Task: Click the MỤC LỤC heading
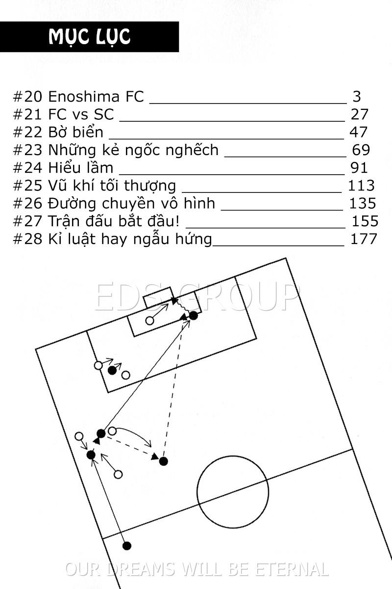point(90,37)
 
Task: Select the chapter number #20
point(27,97)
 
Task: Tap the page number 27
point(359,114)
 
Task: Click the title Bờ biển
point(76,132)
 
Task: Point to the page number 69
point(361,150)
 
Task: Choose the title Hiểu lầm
point(80,167)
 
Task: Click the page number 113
point(361,185)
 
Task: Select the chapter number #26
point(27,203)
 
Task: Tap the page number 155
point(365,221)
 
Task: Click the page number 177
point(364,239)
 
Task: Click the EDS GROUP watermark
point(196,297)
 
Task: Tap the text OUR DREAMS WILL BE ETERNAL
point(196,569)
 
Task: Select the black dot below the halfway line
point(127,545)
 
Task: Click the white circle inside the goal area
point(150,321)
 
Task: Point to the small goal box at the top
point(158,297)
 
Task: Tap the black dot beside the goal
point(194,315)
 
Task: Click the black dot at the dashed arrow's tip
point(164,461)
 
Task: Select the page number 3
point(356,97)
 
